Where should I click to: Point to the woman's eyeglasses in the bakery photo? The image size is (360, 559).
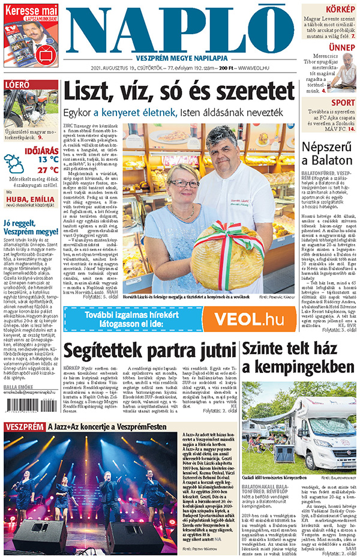point(184,183)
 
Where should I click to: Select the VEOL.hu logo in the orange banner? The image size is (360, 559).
point(247,319)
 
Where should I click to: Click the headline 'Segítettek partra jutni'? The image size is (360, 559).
point(149,351)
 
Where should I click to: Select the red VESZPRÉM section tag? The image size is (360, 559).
point(25,427)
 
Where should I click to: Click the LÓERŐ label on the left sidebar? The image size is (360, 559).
point(17,85)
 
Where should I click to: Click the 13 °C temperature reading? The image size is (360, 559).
point(48,159)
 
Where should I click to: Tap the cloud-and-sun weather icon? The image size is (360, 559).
point(14,163)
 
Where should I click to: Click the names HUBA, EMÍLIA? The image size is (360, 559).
point(31,202)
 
